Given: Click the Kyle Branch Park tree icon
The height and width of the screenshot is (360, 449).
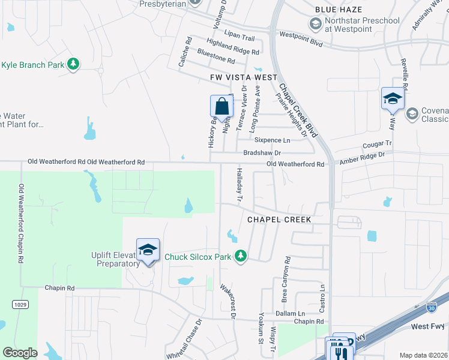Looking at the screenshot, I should [73, 64].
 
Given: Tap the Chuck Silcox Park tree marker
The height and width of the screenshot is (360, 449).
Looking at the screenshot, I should [240, 256].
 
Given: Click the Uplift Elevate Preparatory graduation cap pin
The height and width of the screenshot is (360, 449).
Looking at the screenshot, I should [148, 250].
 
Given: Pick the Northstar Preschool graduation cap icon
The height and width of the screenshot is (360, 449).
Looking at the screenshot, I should [315, 23].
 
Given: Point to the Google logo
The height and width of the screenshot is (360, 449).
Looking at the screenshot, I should [20, 352].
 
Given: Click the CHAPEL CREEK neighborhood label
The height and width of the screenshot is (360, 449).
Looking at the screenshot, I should [280, 220].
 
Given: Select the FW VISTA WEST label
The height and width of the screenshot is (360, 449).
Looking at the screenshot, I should [244, 77].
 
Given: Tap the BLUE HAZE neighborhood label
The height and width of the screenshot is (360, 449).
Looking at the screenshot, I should [339, 10].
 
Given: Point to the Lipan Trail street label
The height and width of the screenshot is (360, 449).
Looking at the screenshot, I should [240, 37].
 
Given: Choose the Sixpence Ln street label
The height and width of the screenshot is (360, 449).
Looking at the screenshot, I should [273, 140].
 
